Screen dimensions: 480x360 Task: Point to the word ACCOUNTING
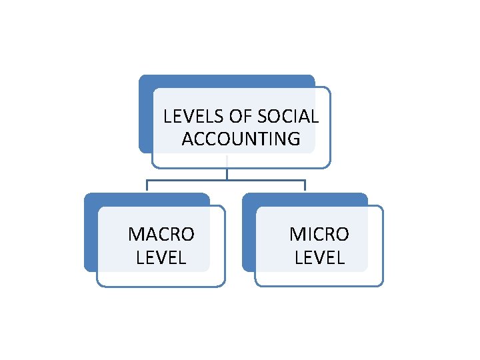(241, 139)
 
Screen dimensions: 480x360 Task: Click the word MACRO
(161, 235)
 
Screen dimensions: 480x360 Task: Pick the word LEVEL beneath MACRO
(161, 257)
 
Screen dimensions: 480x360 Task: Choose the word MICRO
(319, 235)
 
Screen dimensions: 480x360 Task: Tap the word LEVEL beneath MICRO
(319, 257)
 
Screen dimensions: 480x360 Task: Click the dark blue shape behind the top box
(145, 113)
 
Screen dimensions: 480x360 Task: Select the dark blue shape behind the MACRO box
(91, 233)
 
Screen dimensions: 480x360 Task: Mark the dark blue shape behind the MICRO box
(249, 233)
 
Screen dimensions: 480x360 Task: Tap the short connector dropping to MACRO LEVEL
(148, 186)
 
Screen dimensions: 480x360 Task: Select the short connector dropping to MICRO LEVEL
(305, 186)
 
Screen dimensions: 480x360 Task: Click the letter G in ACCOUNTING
(293, 139)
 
